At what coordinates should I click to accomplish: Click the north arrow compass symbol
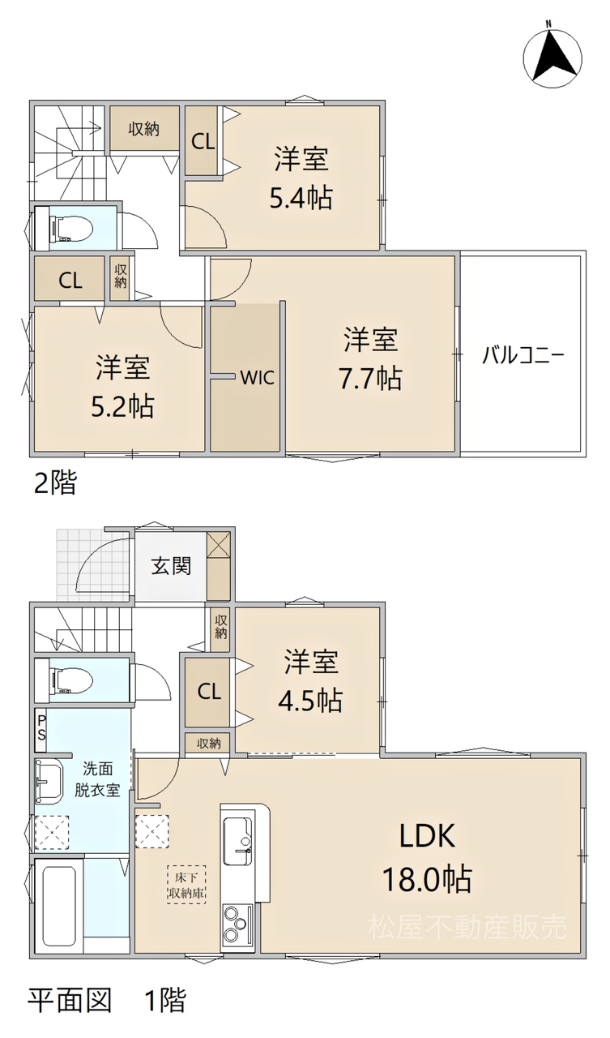pos(553,57)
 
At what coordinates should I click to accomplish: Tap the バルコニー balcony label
pos(523,356)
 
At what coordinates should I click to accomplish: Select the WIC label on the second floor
pos(258,377)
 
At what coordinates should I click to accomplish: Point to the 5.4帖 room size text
pos(301,198)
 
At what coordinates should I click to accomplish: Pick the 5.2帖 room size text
pos(122,406)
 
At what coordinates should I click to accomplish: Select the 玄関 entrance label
pos(171,566)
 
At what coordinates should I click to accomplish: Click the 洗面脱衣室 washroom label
pos(98,779)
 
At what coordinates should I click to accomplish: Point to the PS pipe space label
pos(41,727)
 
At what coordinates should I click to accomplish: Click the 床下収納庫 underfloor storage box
pos(186,884)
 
